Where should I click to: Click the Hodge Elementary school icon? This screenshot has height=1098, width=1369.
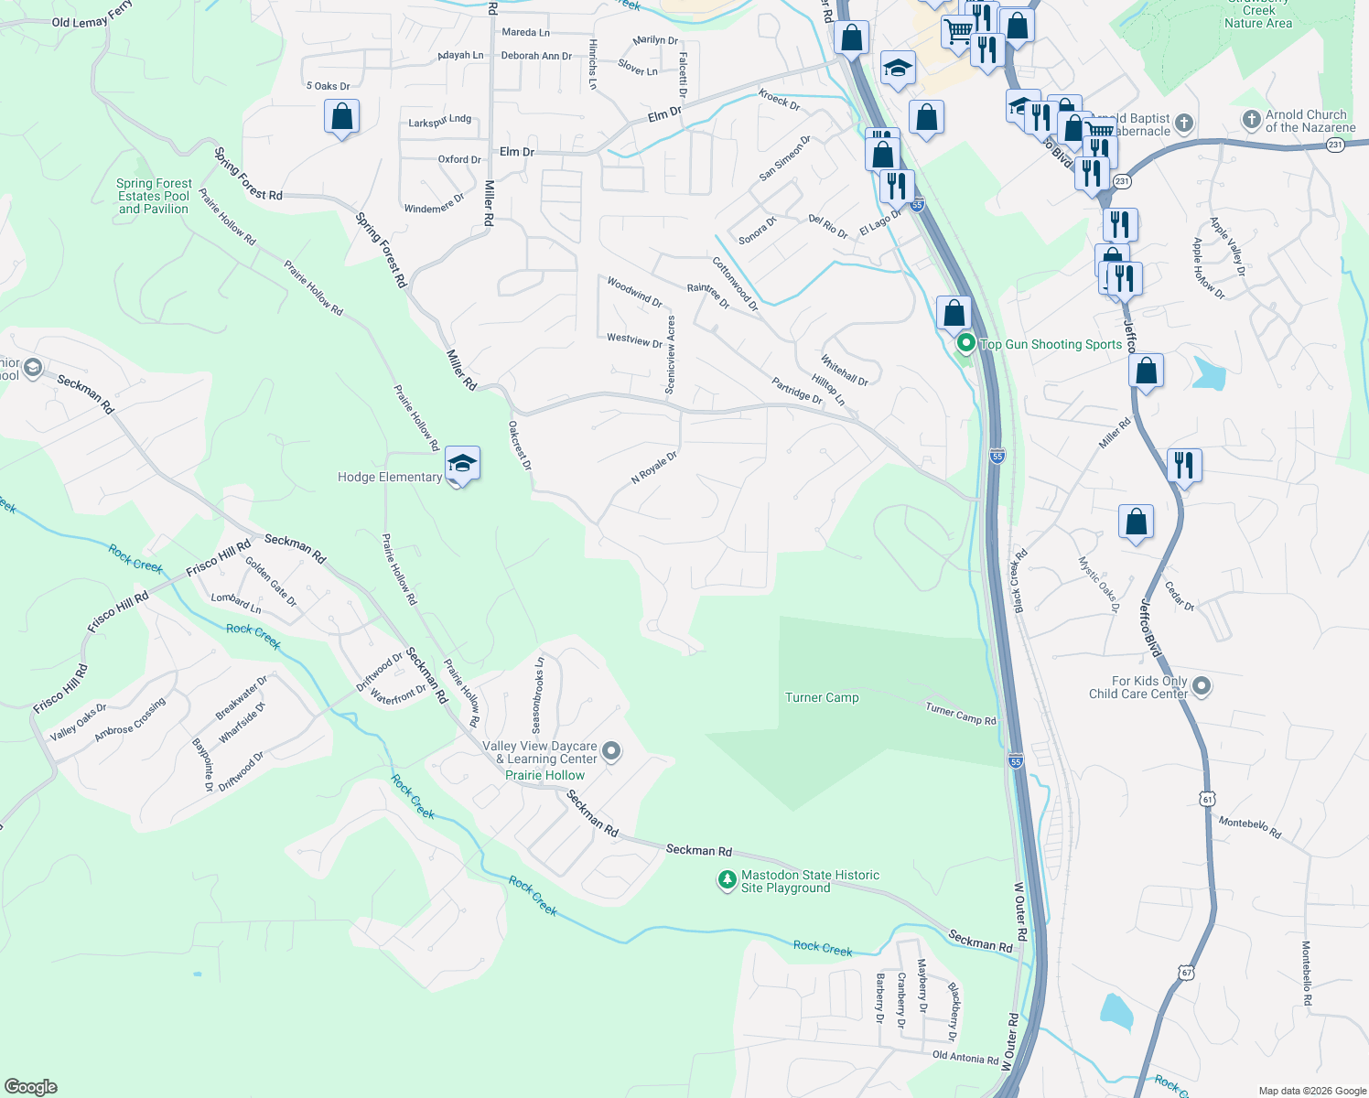(462, 464)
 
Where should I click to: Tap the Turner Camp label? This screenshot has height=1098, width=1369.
(822, 697)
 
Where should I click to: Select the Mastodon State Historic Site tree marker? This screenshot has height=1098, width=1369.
(727, 880)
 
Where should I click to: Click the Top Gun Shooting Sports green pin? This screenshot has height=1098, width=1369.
(965, 344)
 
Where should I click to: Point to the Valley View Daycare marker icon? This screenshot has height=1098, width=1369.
(612, 751)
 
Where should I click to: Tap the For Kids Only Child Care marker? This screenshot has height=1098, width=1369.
(1202, 685)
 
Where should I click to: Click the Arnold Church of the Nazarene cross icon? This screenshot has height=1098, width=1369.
(1251, 120)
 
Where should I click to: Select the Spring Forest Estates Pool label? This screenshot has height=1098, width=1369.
(154, 196)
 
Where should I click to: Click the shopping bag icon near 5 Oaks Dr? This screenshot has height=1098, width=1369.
(341, 117)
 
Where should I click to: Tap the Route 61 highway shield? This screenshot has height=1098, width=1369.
(1208, 800)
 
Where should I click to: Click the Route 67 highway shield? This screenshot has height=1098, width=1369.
(1186, 971)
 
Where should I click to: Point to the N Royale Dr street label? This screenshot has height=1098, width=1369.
(654, 468)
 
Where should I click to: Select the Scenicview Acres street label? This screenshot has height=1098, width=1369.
(671, 355)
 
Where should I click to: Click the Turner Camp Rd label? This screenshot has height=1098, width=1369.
(960, 714)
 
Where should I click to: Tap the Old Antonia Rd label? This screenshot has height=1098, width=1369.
(965, 1059)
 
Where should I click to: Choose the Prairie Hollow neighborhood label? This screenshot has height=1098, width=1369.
(544, 775)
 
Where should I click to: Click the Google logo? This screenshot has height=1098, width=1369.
(31, 1086)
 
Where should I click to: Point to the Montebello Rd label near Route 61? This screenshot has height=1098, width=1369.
(1249, 828)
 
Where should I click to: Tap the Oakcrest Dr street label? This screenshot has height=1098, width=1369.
(520, 446)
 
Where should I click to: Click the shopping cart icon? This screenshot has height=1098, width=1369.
(957, 31)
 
